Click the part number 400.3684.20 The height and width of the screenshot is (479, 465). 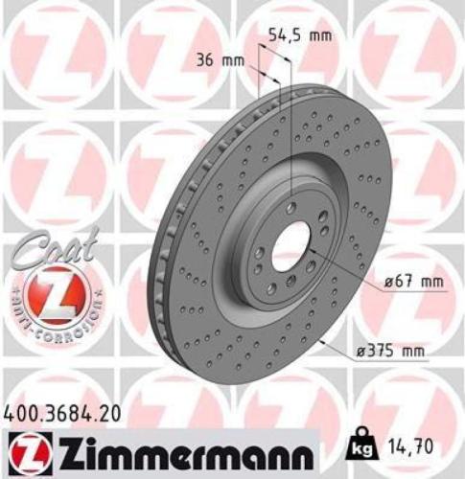63,414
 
